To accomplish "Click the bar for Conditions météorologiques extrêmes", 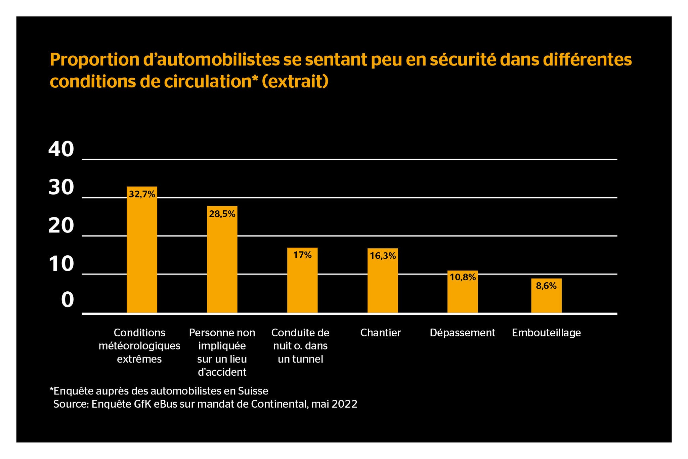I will pyautogui.click(x=142, y=255).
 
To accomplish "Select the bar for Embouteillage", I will pyautogui.click(x=546, y=299).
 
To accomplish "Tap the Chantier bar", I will pyautogui.click(x=382, y=286).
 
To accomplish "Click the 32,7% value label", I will pyautogui.click(x=142, y=194).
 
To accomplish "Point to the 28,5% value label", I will pyautogui.click(x=222, y=214).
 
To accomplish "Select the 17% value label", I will pyautogui.click(x=302, y=255).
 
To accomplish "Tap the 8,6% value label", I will pyautogui.click(x=546, y=286).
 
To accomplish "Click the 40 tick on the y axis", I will pyautogui.click(x=61, y=149).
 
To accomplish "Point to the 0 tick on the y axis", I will pyautogui.click(x=67, y=300).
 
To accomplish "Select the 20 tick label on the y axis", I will pyautogui.click(x=61, y=225).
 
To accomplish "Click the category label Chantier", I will pyautogui.click(x=381, y=333).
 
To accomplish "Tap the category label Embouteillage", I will pyautogui.click(x=546, y=333).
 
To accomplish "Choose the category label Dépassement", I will pyautogui.click(x=462, y=333).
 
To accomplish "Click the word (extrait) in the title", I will pyautogui.click(x=295, y=82).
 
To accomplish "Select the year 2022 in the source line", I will pyautogui.click(x=344, y=404).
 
